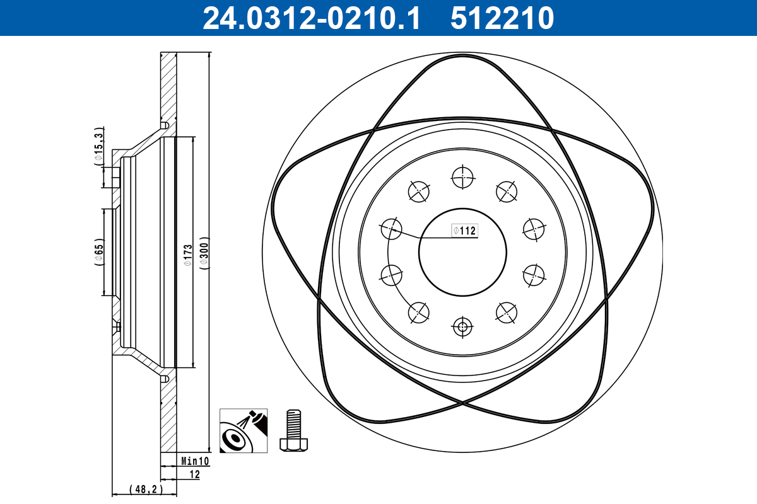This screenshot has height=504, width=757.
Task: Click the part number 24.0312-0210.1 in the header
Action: click(310, 18)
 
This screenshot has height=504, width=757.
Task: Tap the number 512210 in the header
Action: click(502, 18)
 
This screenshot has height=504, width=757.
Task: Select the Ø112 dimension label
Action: click(464, 231)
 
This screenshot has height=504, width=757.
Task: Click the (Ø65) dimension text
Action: click(98, 252)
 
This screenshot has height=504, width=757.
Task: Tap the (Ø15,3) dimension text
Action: click(98, 146)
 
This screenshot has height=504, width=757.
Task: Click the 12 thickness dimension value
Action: click(195, 474)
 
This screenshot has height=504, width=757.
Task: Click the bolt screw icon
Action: click(293, 430)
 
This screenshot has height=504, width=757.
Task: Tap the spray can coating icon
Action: click(244, 430)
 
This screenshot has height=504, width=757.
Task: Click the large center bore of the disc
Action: click(462, 253)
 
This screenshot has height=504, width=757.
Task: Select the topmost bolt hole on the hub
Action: click(462, 177)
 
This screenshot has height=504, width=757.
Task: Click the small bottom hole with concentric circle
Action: click(462, 326)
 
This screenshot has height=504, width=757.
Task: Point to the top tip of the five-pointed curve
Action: click(462, 54)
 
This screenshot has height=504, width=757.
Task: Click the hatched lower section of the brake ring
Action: click(167, 416)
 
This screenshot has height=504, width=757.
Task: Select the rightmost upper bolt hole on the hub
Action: click(534, 229)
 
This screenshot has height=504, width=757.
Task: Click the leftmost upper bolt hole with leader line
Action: click(391, 229)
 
